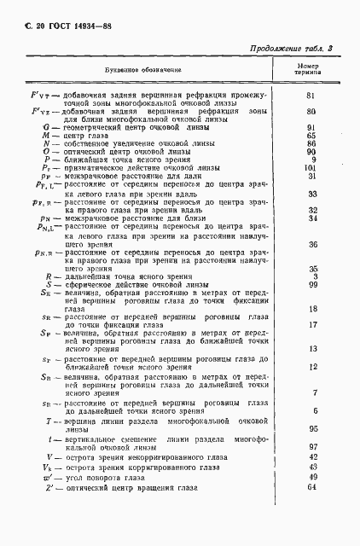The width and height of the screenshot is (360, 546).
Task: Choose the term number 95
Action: click(x=312, y=428)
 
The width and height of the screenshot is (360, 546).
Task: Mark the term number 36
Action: click(x=311, y=245)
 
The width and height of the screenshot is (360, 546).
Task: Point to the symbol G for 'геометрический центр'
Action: click(x=48, y=127)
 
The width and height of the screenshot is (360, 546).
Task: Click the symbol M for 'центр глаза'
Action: click(x=48, y=136)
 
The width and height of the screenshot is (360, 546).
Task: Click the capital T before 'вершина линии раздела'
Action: click(x=49, y=422)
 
